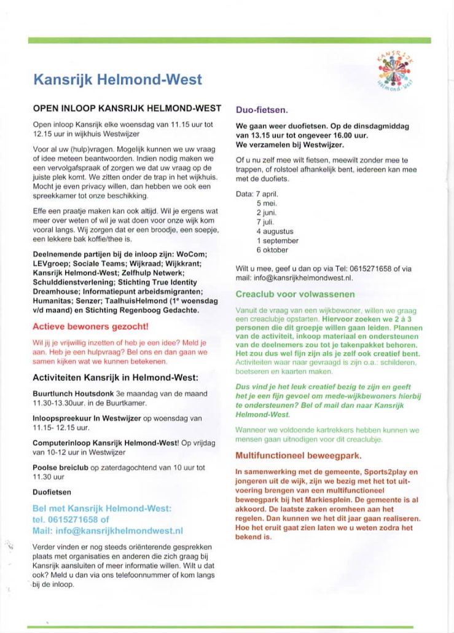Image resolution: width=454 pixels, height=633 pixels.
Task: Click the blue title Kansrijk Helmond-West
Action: pos(117,79)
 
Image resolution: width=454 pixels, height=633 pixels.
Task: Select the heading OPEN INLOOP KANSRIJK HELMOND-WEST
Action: pos(127,108)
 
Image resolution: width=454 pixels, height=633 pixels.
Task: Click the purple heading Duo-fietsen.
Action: pos(262,111)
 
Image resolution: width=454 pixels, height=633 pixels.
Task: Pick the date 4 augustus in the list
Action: pos(275,231)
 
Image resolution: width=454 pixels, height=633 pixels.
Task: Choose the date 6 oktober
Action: pos(272,250)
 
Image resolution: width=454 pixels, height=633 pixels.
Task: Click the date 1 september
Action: pos(277,241)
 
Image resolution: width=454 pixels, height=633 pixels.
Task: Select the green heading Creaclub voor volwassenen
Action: pos(295,294)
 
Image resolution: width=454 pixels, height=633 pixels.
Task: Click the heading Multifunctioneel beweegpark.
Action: pos(299,456)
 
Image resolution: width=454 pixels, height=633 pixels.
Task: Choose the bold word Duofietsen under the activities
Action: pos(52,492)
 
